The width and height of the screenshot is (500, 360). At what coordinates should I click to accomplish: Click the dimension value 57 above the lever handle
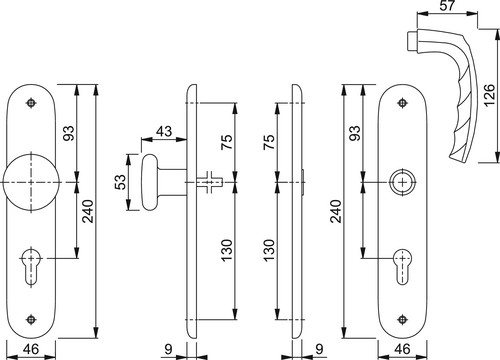tap(447, 6)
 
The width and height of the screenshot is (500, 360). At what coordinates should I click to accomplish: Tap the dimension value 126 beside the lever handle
tap(489, 96)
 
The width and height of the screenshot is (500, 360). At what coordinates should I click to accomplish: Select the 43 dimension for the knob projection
tap(164, 131)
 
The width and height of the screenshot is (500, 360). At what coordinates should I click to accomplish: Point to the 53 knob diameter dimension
tap(122, 182)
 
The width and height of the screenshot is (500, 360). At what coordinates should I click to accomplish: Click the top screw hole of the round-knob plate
tap(31, 102)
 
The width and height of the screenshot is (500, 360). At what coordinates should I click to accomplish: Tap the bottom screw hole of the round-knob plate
tap(31, 319)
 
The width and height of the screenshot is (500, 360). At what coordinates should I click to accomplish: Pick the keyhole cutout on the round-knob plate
tap(31, 267)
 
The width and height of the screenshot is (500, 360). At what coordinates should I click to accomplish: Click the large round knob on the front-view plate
tap(31, 182)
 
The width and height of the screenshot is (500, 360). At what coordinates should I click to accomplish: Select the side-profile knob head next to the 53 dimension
tap(150, 182)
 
